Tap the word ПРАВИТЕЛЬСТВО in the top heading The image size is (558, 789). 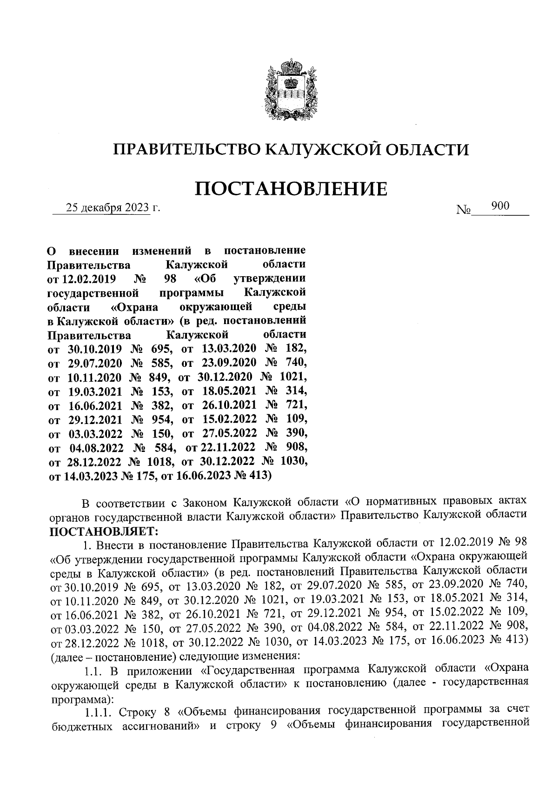pyautogui.click(x=187, y=150)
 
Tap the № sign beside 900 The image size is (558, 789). pyautogui.click(x=464, y=211)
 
